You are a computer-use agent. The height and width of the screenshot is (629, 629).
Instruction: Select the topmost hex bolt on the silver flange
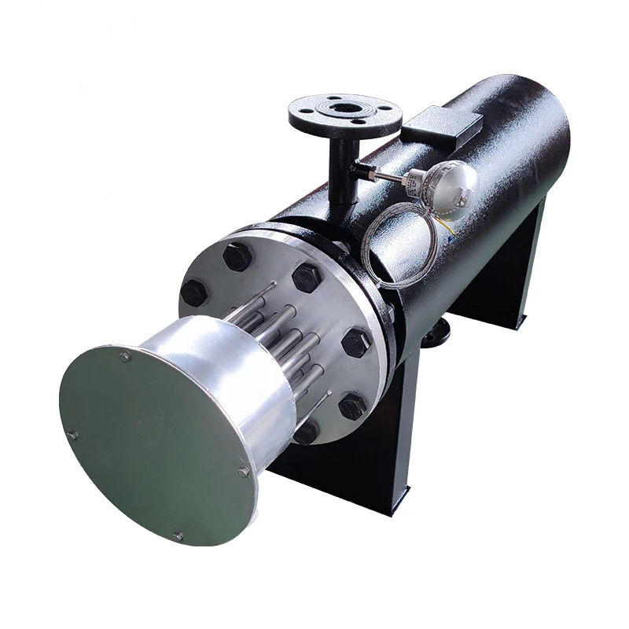[237, 256]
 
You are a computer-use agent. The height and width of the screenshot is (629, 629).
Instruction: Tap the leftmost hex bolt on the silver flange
[193, 292]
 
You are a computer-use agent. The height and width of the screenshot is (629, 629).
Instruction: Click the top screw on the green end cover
[125, 357]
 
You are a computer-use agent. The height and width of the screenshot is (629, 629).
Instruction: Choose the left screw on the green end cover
[72, 433]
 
